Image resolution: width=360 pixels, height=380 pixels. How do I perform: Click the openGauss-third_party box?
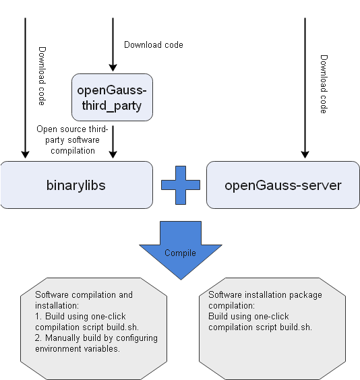click(112, 97)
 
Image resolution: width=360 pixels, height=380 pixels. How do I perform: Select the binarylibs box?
click(77, 185)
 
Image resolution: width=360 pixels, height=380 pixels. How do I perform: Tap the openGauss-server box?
click(283, 185)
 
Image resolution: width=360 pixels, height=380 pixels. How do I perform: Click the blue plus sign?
click(181, 185)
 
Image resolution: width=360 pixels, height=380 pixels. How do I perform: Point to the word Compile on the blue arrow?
click(180, 253)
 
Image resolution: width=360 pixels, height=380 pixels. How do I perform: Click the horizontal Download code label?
click(154, 45)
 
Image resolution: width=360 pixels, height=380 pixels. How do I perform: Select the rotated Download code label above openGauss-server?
click(324, 84)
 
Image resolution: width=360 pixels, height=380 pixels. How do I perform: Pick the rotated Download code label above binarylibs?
click(42, 76)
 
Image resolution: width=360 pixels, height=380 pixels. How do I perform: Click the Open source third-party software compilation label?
click(72, 140)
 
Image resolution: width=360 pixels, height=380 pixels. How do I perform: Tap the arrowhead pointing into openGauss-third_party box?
click(113, 67)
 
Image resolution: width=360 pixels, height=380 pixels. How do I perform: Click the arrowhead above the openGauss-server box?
click(305, 154)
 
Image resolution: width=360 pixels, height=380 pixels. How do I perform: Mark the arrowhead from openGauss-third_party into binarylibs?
click(113, 154)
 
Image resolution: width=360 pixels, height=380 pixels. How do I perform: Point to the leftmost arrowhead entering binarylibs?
click(26, 154)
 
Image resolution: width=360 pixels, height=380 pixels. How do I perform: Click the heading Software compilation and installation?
click(84, 300)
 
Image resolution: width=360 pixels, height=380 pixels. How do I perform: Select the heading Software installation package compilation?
click(265, 300)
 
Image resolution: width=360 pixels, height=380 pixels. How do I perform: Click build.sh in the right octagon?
click(296, 327)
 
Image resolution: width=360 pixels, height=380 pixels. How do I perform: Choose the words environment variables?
click(78, 349)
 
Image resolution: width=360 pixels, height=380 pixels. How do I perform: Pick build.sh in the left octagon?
click(123, 327)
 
